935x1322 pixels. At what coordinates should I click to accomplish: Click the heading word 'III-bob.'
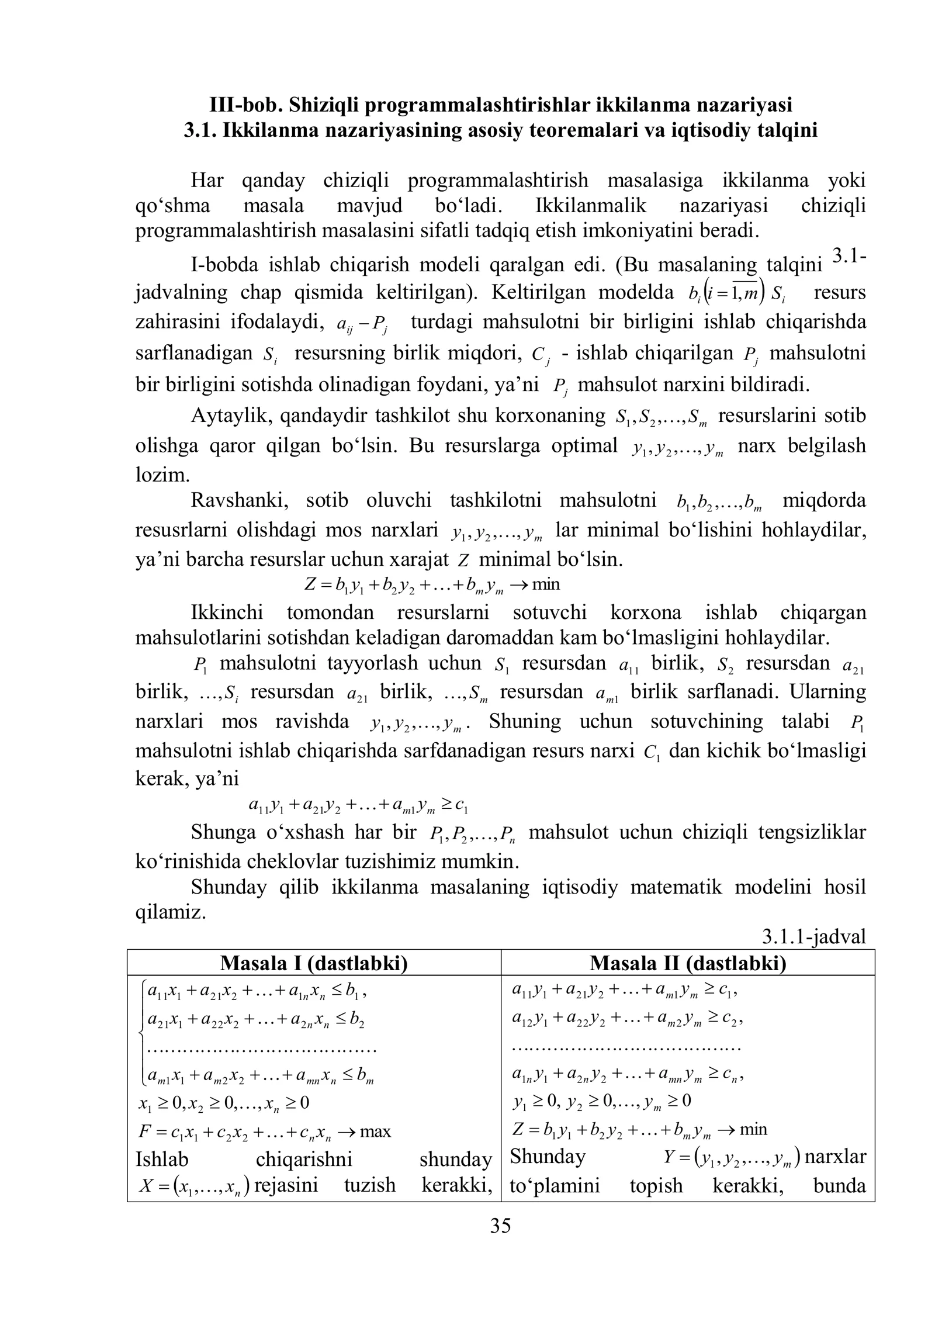245,105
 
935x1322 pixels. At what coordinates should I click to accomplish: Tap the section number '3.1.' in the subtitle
201,130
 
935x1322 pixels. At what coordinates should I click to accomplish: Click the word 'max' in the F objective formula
376,1131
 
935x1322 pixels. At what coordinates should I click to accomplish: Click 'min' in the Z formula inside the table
753,1129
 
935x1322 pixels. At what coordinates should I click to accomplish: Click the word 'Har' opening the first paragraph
207,181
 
